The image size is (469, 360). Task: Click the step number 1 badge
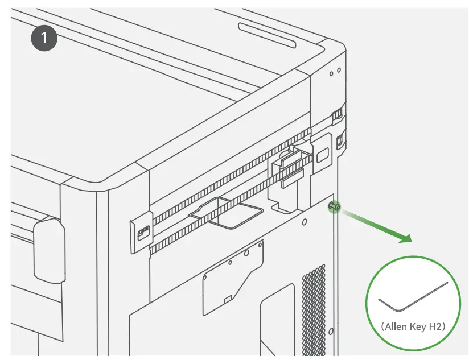click(44, 39)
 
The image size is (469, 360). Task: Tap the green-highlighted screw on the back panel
click(334, 208)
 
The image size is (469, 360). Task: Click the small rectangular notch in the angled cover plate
click(227, 298)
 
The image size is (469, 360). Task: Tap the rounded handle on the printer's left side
click(50, 251)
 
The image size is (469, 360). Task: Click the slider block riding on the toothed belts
click(290, 165)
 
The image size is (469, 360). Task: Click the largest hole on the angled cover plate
click(246, 254)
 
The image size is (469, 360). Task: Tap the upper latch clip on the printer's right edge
click(336, 114)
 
